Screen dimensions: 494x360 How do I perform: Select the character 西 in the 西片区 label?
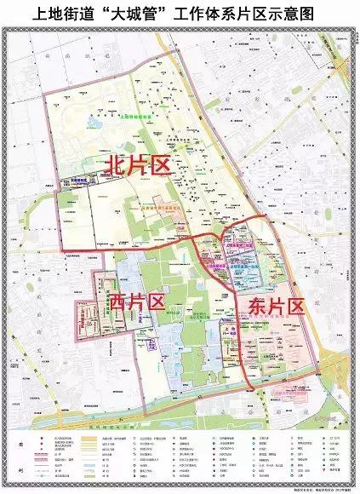(116, 302)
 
